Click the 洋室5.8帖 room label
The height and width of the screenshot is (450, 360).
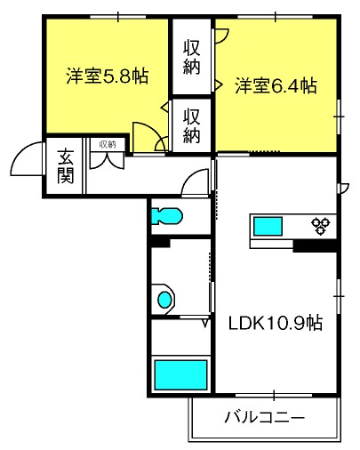coord(108,76)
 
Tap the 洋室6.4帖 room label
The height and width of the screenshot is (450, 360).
coord(276,85)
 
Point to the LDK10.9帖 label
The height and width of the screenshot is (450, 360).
coord(276,323)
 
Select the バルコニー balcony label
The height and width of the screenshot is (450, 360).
coord(264,417)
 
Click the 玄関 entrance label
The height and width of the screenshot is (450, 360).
coord(65,166)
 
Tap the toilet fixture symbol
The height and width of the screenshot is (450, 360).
coord(167,215)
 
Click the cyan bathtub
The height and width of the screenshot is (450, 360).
coord(180,374)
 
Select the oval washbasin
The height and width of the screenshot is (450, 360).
coord(164,300)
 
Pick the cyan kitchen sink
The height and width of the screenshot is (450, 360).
coord(268,226)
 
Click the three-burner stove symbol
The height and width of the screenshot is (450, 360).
coord(321,226)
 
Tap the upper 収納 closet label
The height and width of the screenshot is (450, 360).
coord(192,57)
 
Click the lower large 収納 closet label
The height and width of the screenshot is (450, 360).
coord(192,126)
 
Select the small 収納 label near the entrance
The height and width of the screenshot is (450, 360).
coord(108,145)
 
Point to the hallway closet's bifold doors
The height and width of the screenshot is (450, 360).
coord(107,160)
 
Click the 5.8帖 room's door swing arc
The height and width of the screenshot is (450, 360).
coord(153,128)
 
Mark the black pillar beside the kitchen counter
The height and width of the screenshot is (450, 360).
coord(315,246)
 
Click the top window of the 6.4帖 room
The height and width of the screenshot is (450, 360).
coord(276,17)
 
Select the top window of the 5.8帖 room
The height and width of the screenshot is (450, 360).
coord(118,17)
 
